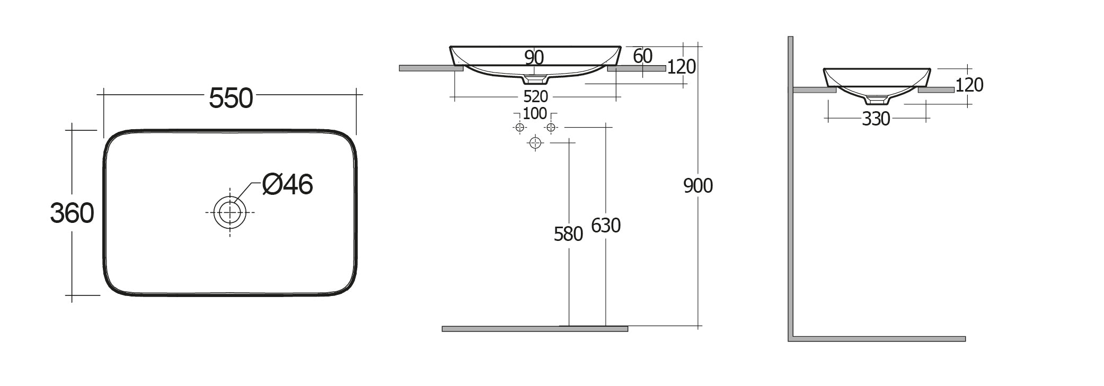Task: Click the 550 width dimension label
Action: [231, 98]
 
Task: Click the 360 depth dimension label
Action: [72, 213]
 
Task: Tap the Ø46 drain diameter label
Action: [288, 184]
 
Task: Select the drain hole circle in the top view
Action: [230, 212]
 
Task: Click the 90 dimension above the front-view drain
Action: [534, 57]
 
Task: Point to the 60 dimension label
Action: [642, 56]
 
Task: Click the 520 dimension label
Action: [535, 97]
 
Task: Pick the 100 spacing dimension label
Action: [534, 114]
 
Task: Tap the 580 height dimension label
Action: [568, 234]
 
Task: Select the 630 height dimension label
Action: [605, 226]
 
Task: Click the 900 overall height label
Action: [698, 186]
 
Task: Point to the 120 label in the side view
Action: [969, 85]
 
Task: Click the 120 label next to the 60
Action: [681, 67]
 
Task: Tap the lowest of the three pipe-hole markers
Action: [535, 143]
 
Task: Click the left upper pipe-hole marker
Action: [519, 128]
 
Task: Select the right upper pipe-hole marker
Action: [551, 128]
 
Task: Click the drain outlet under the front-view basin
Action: [535, 79]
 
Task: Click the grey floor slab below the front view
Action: [534, 329]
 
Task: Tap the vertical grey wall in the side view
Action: [790, 185]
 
